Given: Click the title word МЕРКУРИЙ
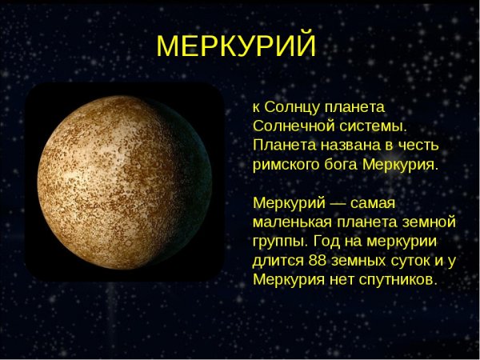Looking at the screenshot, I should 237,46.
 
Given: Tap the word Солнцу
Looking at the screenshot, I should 292,106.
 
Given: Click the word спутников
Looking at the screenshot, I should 396,280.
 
